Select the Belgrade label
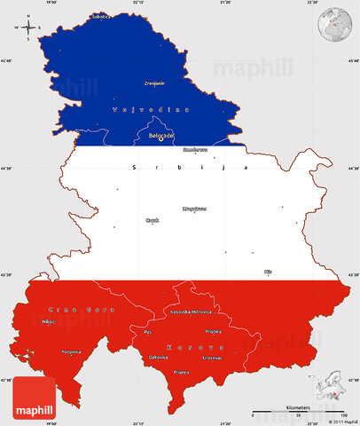point(160,135)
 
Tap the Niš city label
point(268,271)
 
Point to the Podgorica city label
point(47,351)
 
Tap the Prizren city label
point(182,372)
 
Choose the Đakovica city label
point(158,357)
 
